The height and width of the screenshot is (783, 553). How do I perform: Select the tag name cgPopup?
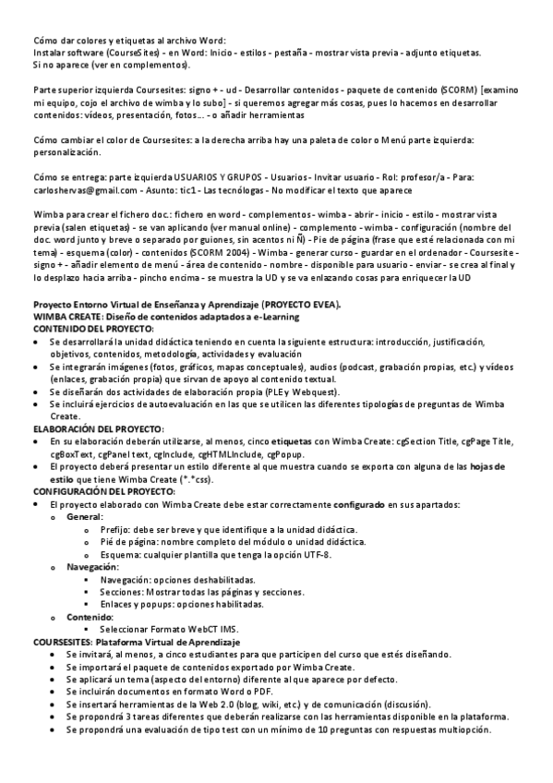click(287, 453)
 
